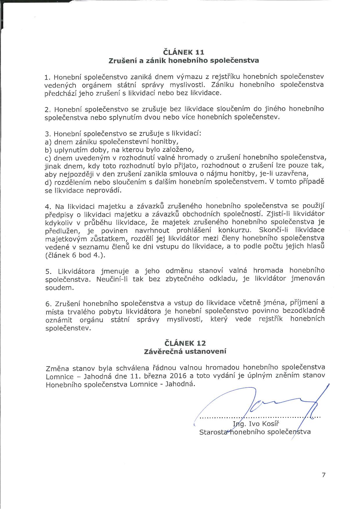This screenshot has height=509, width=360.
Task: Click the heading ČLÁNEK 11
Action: (x=184, y=52)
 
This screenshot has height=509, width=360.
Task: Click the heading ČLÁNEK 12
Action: (x=185, y=343)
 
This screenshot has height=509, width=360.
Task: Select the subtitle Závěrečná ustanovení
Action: (x=185, y=351)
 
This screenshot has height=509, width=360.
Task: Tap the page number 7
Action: (x=324, y=474)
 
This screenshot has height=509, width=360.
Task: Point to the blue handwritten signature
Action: (x=261, y=405)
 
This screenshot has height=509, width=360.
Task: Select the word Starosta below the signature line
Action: (x=213, y=432)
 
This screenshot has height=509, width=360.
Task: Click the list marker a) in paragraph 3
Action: (x=48, y=142)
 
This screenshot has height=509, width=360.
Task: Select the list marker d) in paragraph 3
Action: (x=48, y=182)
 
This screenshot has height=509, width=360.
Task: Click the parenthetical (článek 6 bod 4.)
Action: (x=75, y=255)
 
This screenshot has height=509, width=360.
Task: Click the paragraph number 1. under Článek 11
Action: (x=48, y=77)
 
